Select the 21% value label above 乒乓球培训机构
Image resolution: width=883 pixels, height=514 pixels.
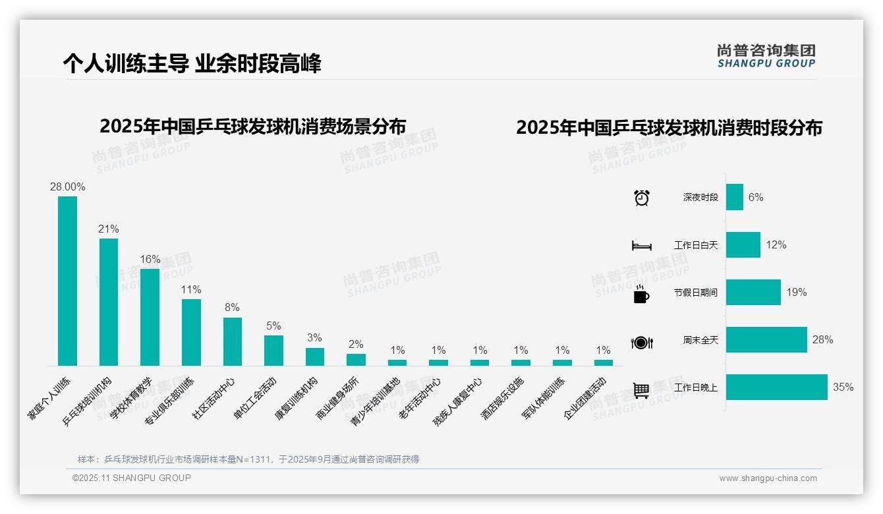coord(109,229)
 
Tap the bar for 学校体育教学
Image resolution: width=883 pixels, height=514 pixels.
coord(150,317)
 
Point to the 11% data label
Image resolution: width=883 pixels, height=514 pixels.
coord(191,290)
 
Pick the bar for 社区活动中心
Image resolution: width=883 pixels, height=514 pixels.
coord(233,341)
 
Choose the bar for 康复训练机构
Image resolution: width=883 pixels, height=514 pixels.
coord(315,357)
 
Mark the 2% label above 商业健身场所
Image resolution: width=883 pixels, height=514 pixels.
coord(356,345)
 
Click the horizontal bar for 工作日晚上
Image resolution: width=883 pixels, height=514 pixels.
coord(776,387)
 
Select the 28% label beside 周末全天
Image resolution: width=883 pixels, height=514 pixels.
coord(822,340)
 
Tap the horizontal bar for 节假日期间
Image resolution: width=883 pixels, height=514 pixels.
coord(753,293)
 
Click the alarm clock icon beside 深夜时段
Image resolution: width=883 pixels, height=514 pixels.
coord(641,198)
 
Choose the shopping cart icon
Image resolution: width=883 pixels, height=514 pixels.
coord(641,390)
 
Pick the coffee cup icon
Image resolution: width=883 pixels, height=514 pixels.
coord(641,294)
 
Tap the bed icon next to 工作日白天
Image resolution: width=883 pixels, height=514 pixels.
coord(641,246)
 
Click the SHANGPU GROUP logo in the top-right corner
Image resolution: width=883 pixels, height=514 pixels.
coord(766,56)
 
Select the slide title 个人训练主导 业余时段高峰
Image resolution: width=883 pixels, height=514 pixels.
coord(192,64)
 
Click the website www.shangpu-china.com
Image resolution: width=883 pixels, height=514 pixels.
coord(768,478)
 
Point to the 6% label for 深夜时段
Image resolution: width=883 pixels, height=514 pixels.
coord(756,198)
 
